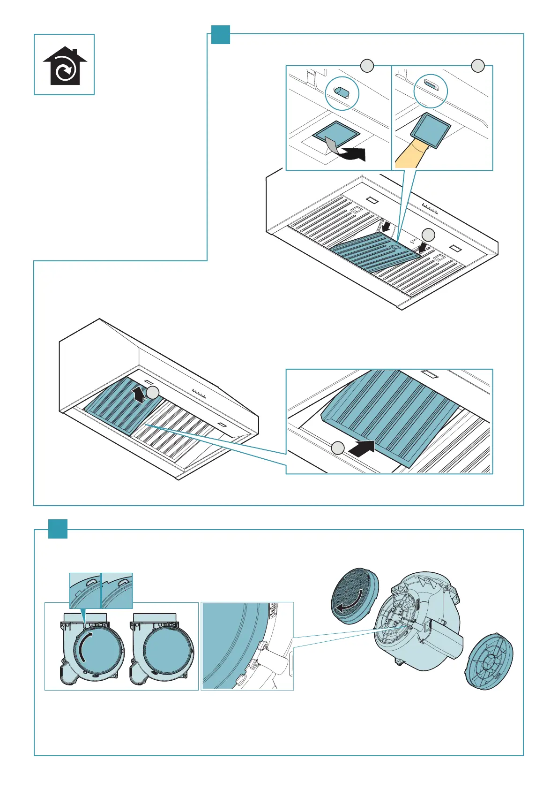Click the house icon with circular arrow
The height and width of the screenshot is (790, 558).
(65, 66)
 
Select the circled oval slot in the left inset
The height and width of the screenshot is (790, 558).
(341, 92)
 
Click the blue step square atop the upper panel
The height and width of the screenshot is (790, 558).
(220, 34)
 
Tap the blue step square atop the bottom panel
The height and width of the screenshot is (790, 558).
(58, 529)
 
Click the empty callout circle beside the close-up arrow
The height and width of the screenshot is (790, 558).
(338, 448)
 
